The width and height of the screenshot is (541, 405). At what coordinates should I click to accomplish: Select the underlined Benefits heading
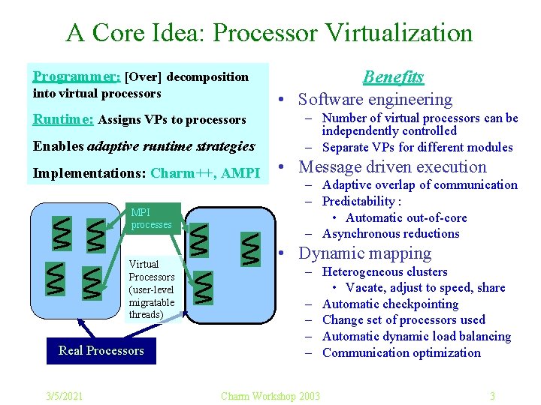[393, 76]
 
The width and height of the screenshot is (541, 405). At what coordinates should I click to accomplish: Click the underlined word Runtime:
[63, 119]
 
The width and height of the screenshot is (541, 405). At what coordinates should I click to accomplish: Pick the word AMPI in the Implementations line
[240, 173]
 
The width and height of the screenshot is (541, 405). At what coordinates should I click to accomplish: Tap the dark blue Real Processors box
[101, 350]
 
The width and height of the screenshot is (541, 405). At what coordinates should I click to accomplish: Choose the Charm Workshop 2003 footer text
[270, 396]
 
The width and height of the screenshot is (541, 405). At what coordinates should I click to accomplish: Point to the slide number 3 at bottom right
[492, 396]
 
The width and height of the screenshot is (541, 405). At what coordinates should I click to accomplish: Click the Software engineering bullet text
[375, 99]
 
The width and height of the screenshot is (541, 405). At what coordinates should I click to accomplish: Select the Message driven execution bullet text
[392, 167]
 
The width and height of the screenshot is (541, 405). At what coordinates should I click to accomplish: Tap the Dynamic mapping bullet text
[364, 253]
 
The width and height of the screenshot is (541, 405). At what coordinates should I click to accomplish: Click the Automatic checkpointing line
[390, 304]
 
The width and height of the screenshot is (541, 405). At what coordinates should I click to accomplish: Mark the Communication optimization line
[401, 352]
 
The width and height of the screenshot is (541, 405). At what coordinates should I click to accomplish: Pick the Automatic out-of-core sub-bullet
[406, 217]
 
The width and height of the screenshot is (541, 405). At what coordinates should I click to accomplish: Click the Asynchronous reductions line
[391, 233]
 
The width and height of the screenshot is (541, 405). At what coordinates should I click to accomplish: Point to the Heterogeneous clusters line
[385, 271]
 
